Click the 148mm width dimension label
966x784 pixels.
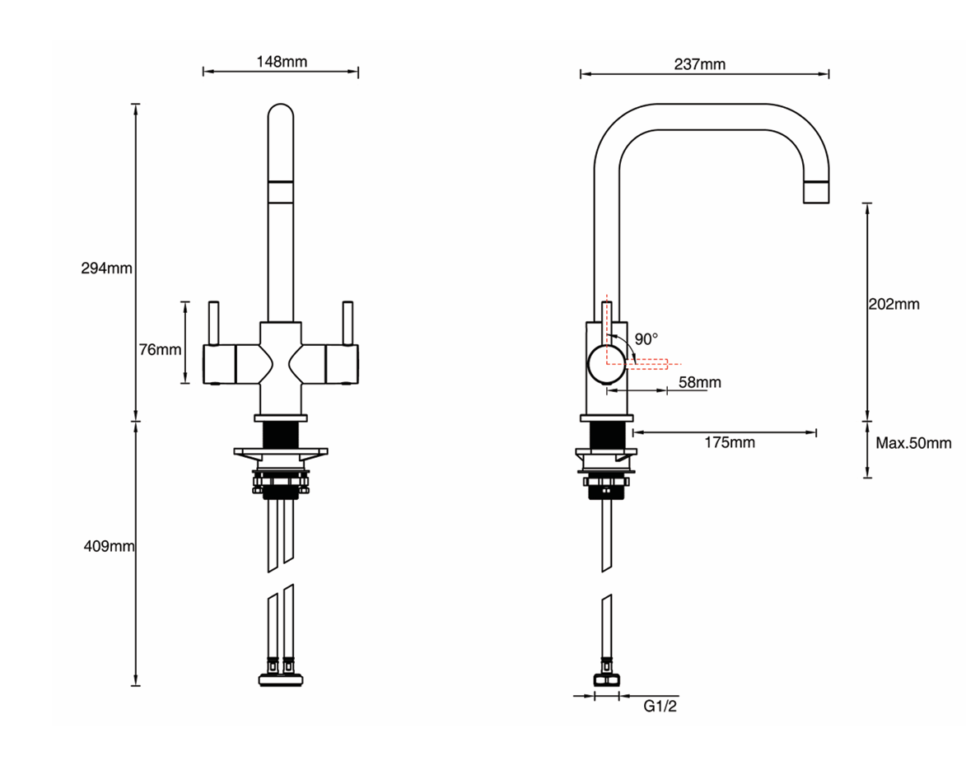coord(282,62)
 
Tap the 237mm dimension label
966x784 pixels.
coord(700,64)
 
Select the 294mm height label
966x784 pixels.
coord(106,268)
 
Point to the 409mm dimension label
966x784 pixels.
coord(109,546)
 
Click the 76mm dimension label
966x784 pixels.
coord(161,350)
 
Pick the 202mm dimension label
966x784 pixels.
coord(894,304)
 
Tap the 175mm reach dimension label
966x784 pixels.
coord(730,443)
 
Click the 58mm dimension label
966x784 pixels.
coord(700,382)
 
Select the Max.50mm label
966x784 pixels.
coord(913,443)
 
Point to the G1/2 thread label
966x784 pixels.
coord(660,707)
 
